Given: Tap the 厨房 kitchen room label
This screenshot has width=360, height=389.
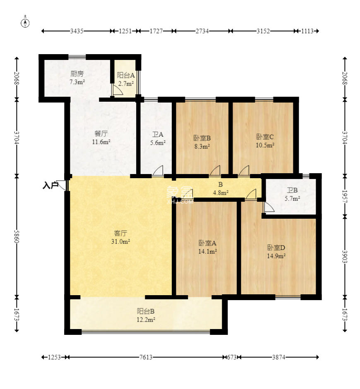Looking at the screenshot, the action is coord(77,74).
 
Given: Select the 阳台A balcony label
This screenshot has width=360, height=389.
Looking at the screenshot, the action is coord(126,75).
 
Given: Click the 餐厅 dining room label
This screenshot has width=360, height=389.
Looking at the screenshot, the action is coord(101,134).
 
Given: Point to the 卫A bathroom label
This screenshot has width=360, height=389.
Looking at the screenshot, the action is coord(158,135).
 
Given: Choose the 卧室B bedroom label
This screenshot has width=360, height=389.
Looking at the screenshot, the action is coord(202,138).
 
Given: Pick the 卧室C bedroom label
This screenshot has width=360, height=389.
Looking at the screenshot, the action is coord(265,137).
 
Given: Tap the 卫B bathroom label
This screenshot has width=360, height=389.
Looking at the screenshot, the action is coord(292,190).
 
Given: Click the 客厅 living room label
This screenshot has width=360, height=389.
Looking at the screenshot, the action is coord(120,233).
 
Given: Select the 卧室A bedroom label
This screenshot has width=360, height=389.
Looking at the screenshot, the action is coord(207,243).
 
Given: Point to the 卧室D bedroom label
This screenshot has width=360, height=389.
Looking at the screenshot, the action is coord(276,248).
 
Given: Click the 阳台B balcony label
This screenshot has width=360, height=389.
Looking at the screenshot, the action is coord(146,311).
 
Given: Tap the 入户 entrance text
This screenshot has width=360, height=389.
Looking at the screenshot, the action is coord(50,185).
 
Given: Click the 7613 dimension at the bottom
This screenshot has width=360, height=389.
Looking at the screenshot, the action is coord(146,357).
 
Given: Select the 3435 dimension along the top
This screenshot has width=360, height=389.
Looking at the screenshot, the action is coord(77,31).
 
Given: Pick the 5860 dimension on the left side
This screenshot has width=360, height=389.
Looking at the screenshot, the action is coord(17,236).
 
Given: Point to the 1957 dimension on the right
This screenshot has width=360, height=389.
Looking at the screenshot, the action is coord(345,196).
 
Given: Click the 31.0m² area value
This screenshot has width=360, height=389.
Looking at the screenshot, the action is coord(121,241).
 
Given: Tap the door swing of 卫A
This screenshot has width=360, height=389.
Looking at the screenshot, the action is coord(158,171).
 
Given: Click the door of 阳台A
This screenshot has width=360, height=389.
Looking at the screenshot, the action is coord(117,90).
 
